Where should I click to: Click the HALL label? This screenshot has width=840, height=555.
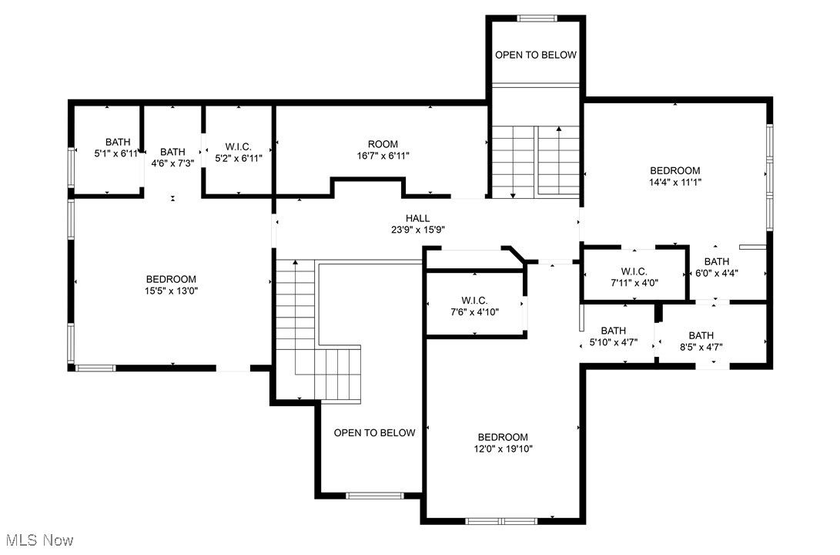coord(417,218)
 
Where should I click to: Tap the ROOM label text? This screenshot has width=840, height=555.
coord(383,144)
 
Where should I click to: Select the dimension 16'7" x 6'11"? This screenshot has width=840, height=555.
coord(383,156)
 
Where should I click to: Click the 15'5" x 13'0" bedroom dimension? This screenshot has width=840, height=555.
coord(172,291)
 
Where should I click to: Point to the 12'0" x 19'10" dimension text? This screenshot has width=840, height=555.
coord(503,449)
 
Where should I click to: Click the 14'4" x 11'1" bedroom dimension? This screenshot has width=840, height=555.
coord(675,183)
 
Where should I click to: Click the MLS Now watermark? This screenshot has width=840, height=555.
coord(39,540)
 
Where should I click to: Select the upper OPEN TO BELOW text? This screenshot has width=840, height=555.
coord(536,55)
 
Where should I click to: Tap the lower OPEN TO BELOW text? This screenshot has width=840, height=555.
coord(374,432)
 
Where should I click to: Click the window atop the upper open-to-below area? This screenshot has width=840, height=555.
coord(537,18)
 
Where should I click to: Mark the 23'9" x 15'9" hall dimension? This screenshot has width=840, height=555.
coord(418,230)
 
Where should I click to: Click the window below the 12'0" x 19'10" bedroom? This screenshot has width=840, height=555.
coord(501,521)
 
